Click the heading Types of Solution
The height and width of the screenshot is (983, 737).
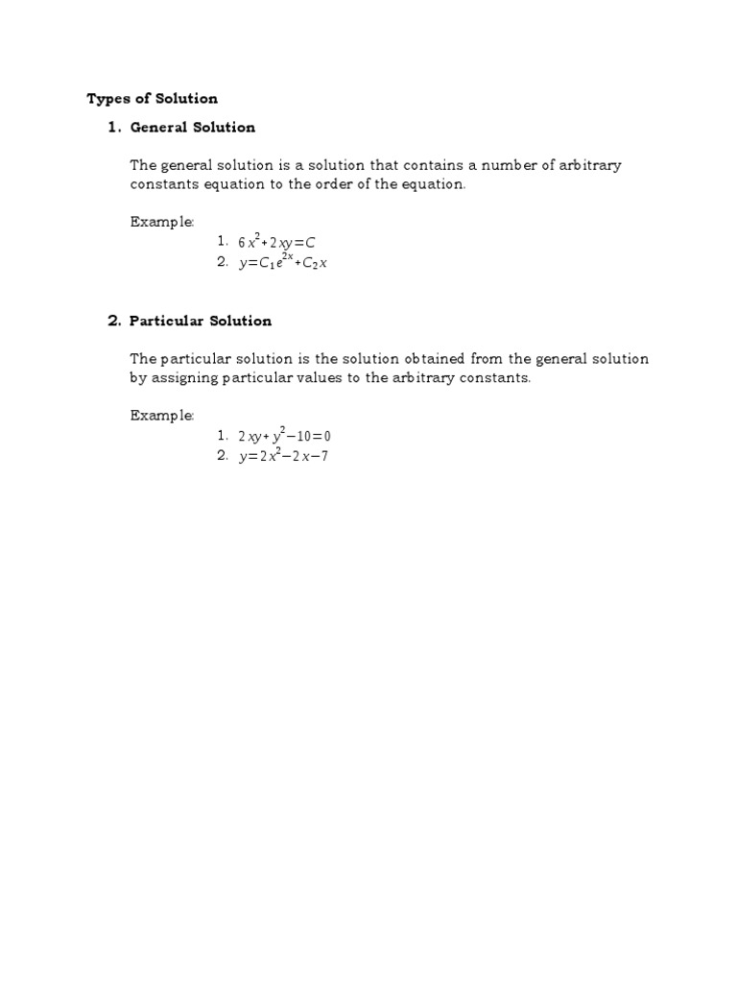click(153, 98)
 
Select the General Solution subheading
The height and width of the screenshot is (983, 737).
click(193, 127)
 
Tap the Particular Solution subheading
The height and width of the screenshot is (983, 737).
click(201, 321)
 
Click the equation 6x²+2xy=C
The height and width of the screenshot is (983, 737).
click(276, 243)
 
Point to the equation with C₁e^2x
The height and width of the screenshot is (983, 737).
click(283, 263)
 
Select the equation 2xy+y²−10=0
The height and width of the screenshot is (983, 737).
click(284, 437)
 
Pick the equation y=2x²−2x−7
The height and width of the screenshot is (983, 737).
click(283, 456)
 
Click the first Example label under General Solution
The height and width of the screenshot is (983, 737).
click(162, 222)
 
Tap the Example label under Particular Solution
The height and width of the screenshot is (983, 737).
click(162, 416)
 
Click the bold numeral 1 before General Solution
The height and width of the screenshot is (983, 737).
click(112, 127)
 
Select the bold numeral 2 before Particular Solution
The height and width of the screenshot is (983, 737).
click(112, 321)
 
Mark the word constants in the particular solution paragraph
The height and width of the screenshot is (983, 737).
click(495, 378)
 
